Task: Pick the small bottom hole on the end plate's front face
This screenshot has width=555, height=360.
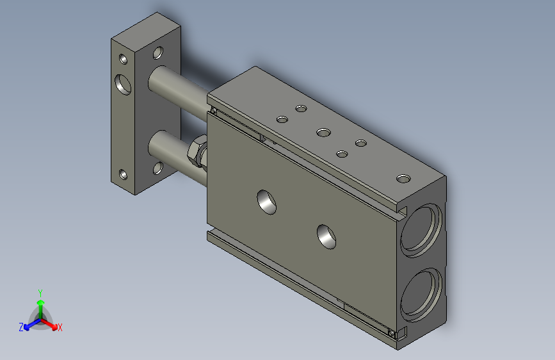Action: [123, 174]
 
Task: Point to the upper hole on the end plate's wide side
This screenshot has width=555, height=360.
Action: [157, 53]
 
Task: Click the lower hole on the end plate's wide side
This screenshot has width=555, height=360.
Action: [157, 169]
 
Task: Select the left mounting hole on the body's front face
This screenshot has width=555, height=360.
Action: [268, 201]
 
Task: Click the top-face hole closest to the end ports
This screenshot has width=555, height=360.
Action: [403, 179]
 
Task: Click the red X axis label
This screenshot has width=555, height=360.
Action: [60, 327]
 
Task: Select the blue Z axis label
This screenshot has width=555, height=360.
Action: [21, 327]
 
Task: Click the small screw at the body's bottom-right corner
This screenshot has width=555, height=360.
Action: [392, 332]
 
